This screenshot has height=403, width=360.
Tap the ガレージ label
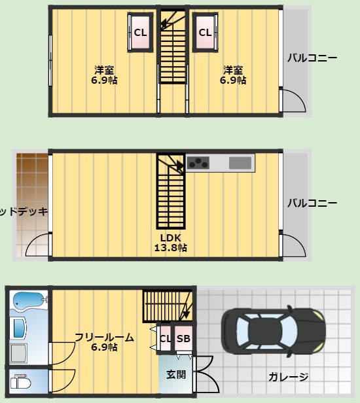click(287, 377)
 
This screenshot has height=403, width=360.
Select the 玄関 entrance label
click(175, 375)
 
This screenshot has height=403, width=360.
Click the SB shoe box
click(183, 339)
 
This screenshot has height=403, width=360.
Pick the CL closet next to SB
click(165, 339)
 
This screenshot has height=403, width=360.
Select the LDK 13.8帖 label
click(170, 243)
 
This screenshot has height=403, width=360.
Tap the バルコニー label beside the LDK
click(312, 203)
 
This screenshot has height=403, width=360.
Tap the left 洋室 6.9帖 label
click(103, 75)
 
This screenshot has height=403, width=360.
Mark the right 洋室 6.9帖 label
click(232, 75)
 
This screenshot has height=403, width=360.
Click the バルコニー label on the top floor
click(312, 58)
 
